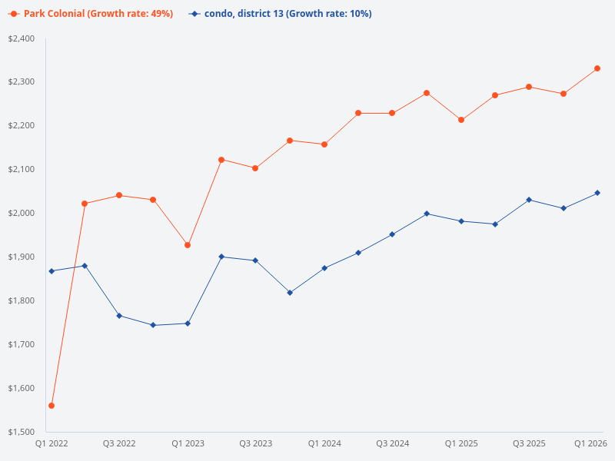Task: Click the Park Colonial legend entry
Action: [x=92, y=14]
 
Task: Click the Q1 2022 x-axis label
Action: [x=52, y=443]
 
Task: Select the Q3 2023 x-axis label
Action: [x=255, y=443]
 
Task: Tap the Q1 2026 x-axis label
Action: [x=591, y=443]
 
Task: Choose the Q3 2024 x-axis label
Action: [x=392, y=443]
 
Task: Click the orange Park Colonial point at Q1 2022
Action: [x=52, y=406]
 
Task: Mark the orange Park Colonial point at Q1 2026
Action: [x=597, y=68]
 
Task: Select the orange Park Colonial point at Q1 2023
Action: [x=188, y=245]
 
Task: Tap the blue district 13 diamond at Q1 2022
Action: [x=52, y=271]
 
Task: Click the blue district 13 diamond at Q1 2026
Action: [x=597, y=193]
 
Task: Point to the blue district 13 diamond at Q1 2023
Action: [x=188, y=323]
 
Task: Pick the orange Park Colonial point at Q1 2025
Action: [x=461, y=120]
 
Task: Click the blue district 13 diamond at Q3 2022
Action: [x=119, y=316]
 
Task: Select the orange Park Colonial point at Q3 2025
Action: [x=529, y=87]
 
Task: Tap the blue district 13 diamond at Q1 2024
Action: [x=324, y=268]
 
